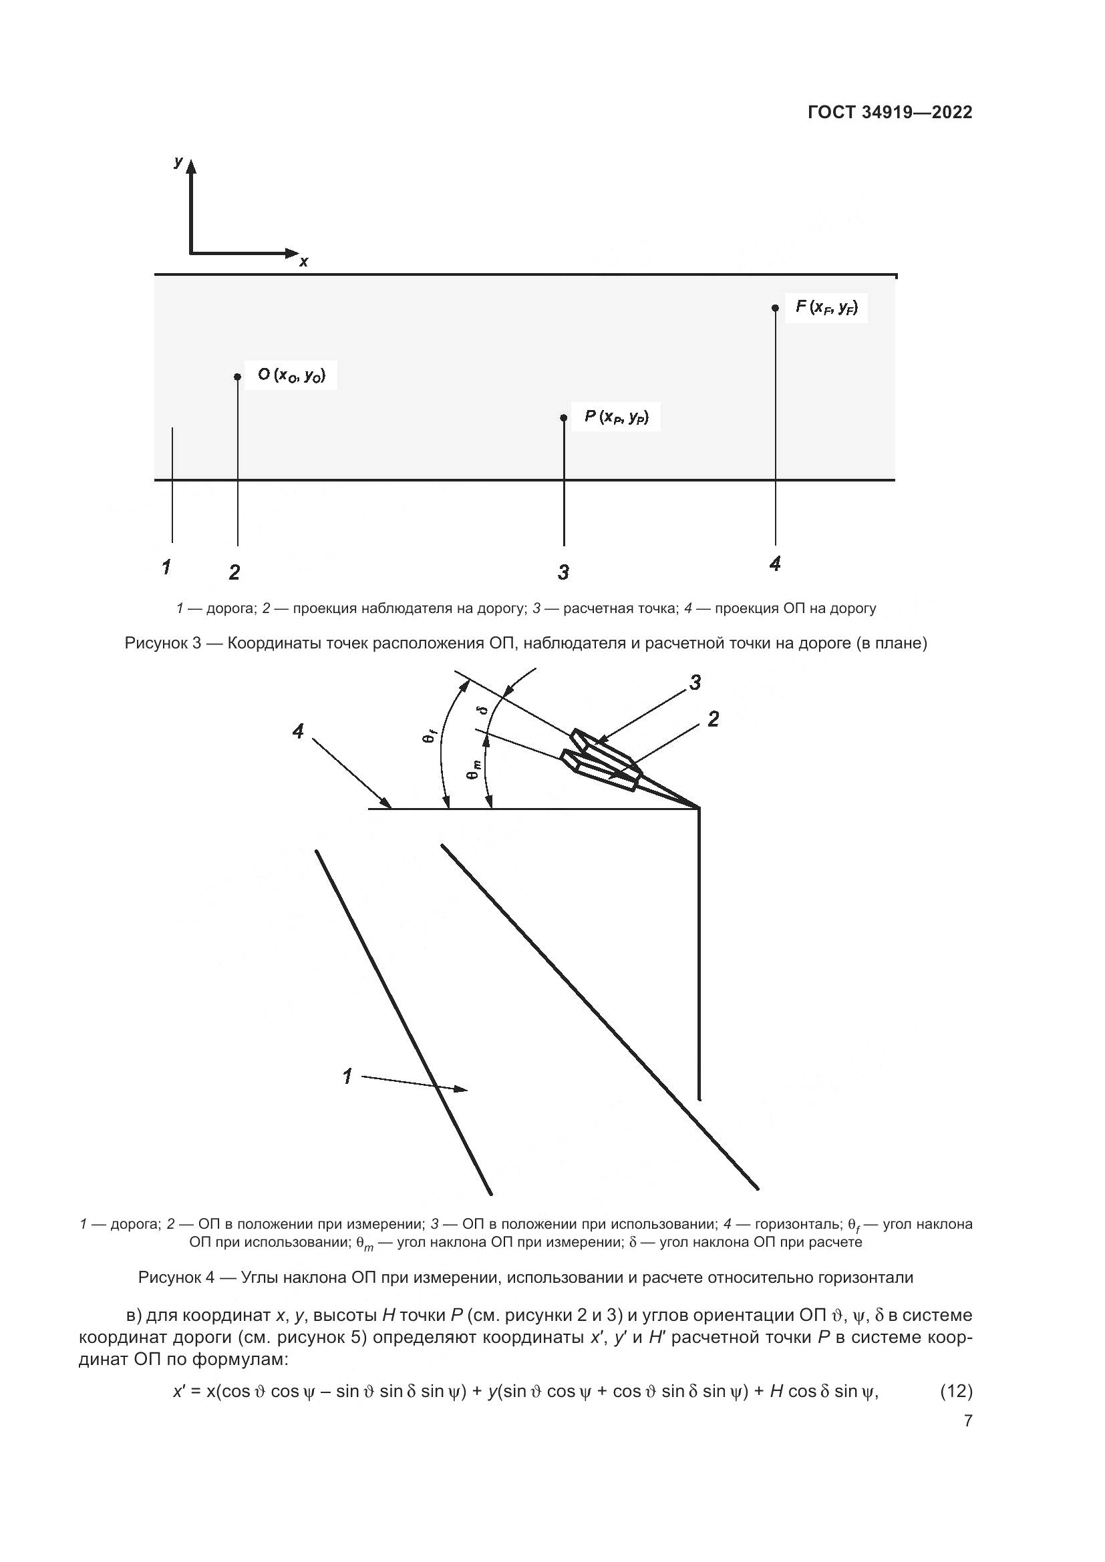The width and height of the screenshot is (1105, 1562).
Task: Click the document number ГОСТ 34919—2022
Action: (x=890, y=112)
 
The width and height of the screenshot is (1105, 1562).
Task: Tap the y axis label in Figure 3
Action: (x=178, y=162)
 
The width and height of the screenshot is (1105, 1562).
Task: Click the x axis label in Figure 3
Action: (x=303, y=262)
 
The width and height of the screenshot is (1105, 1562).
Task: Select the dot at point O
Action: (x=237, y=377)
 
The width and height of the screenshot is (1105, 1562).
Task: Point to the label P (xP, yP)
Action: (x=617, y=416)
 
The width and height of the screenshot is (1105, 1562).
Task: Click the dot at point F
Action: (x=775, y=307)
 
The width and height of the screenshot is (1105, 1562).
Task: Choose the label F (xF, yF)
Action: (x=826, y=307)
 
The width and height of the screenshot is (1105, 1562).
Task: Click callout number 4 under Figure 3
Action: (x=775, y=564)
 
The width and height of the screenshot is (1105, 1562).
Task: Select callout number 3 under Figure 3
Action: (x=563, y=573)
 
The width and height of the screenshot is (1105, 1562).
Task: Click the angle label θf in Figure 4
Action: (x=430, y=735)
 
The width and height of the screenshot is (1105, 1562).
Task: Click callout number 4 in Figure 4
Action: (x=298, y=732)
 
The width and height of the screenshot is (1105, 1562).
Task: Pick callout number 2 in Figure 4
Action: (x=713, y=719)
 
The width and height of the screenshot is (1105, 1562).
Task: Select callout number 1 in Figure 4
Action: (x=347, y=1077)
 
